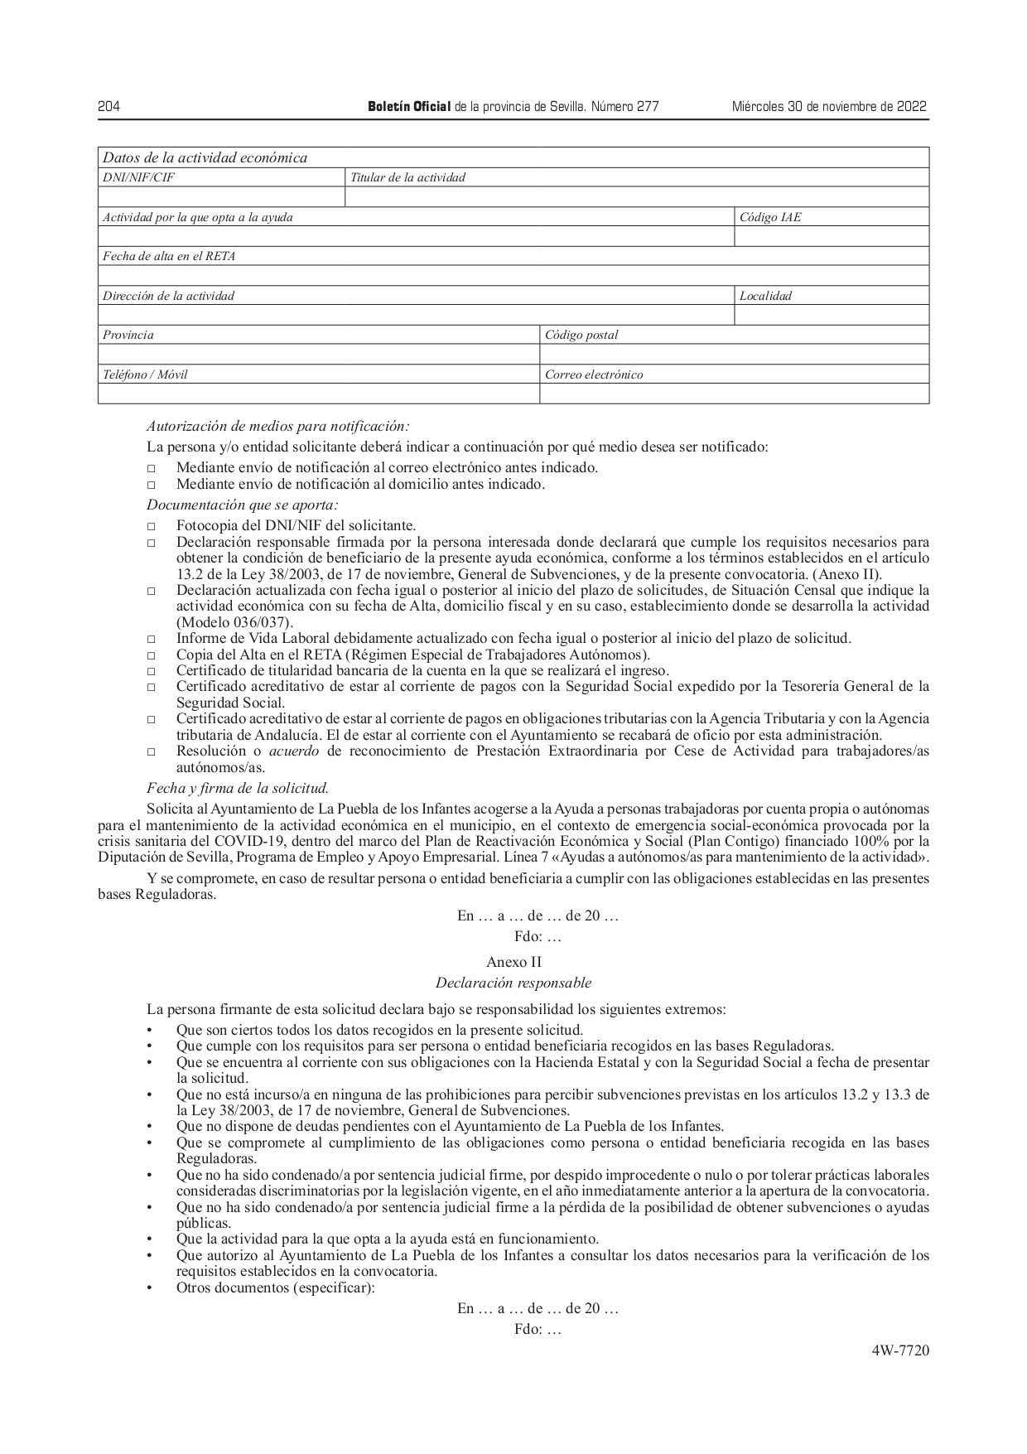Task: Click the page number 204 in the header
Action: click(108, 107)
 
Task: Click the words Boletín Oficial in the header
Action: click(409, 107)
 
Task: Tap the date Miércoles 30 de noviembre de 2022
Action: click(829, 107)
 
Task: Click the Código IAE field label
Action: click(770, 217)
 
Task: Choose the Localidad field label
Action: click(765, 296)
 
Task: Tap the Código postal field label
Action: click(581, 336)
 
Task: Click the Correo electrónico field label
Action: click(594, 374)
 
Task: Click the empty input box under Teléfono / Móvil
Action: click(319, 394)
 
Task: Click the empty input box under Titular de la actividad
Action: click(636, 197)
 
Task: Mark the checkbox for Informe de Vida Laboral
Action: click(152, 640)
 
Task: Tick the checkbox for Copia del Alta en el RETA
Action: click(152, 655)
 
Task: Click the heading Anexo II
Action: click(513, 962)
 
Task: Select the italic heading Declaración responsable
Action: click(513, 983)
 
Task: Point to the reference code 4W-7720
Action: click(900, 1350)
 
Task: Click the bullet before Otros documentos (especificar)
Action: click(150, 1287)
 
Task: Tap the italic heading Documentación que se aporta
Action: click(243, 505)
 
